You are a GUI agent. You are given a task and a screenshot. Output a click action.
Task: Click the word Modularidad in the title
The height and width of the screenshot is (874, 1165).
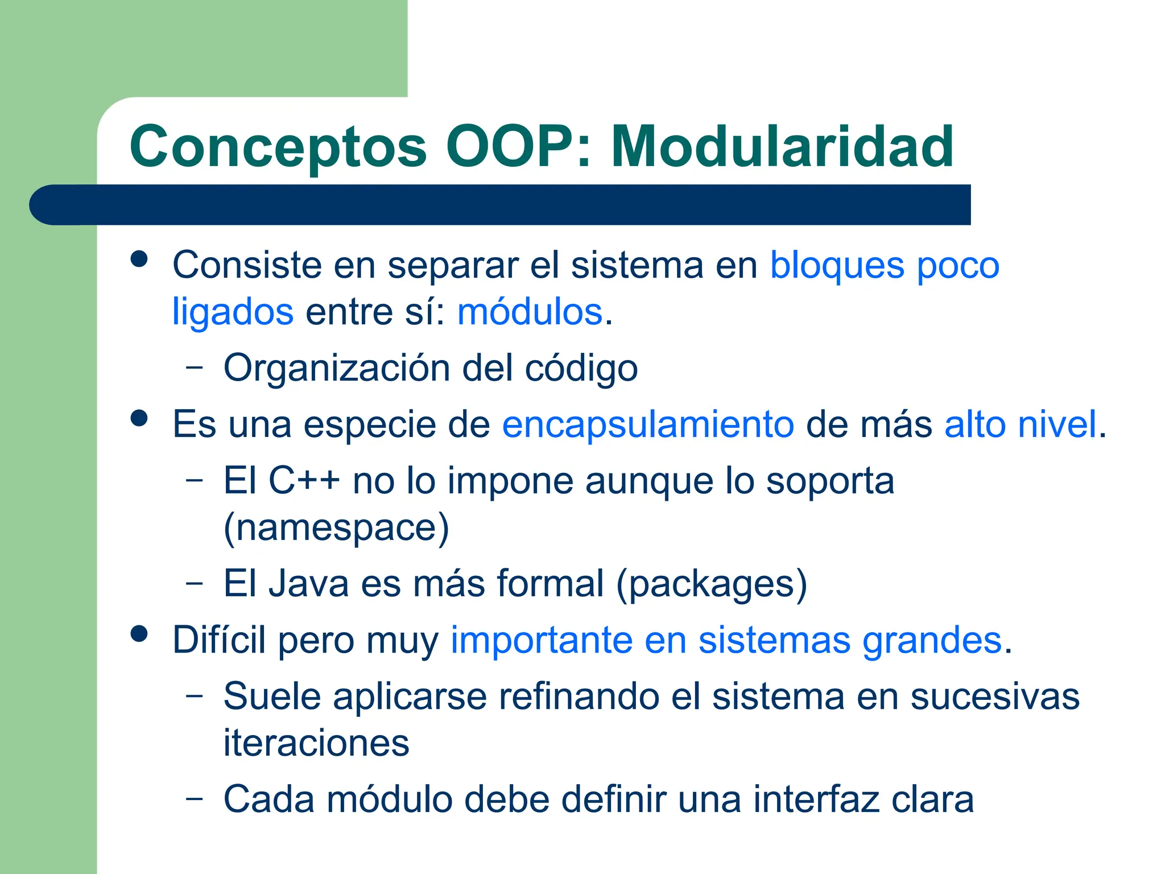click(782, 147)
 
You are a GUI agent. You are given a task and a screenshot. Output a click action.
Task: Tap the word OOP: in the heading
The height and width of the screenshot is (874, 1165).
click(518, 147)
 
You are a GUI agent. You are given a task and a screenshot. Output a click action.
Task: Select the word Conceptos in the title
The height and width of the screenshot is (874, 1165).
click(278, 148)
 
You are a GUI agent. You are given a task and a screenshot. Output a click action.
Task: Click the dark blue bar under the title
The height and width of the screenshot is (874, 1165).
click(501, 205)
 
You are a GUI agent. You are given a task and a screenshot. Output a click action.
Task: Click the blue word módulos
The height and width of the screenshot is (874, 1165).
click(530, 312)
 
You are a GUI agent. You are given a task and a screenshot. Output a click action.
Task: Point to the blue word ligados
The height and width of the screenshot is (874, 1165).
click(233, 313)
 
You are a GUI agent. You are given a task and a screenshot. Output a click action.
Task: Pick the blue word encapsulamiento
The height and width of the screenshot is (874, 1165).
click(647, 424)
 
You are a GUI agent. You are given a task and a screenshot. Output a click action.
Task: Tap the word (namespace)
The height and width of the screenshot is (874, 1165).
click(336, 528)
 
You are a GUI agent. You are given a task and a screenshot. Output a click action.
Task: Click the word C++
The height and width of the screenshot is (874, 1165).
click(304, 481)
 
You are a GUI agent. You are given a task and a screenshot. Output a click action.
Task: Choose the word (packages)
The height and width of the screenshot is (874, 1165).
click(712, 584)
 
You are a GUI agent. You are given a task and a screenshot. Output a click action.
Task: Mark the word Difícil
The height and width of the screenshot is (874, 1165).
click(219, 640)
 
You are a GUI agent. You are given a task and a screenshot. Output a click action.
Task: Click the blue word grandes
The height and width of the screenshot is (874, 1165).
click(932, 641)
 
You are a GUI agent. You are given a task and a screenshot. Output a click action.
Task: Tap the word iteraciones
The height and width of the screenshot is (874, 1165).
click(316, 743)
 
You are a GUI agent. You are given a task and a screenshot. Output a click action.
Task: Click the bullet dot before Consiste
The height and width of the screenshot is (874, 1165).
click(139, 259)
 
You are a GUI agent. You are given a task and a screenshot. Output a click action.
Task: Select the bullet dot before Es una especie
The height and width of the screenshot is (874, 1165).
click(139, 419)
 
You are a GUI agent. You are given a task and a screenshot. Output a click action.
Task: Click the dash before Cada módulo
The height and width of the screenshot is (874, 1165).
click(195, 798)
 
